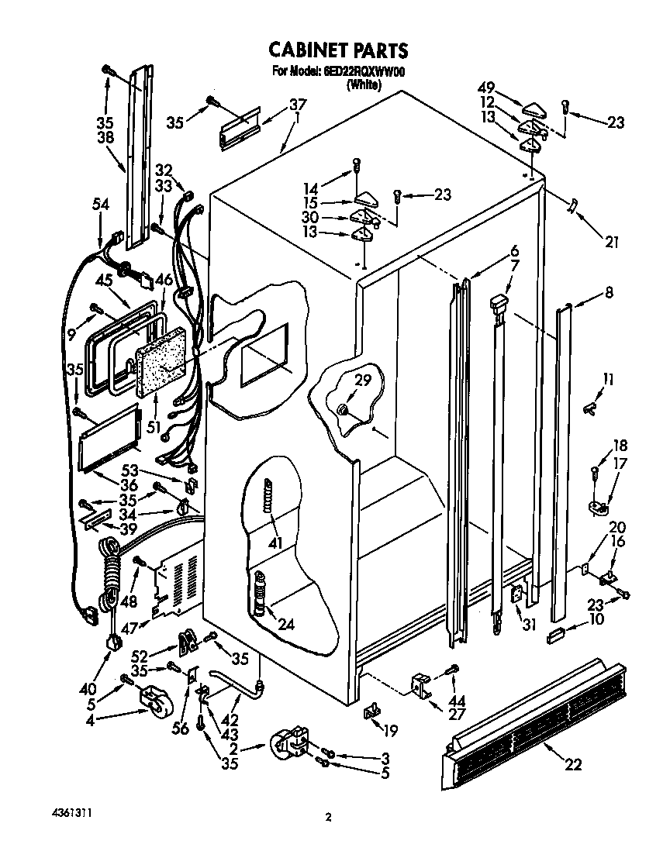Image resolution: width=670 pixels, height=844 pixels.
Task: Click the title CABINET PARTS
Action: [337, 50]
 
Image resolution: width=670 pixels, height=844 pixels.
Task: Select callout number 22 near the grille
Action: [572, 766]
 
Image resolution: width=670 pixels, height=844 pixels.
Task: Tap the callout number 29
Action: [362, 380]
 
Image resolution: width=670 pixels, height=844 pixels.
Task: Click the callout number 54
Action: [100, 204]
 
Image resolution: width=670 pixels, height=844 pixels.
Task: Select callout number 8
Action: [610, 293]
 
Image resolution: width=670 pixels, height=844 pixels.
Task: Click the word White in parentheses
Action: [363, 85]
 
